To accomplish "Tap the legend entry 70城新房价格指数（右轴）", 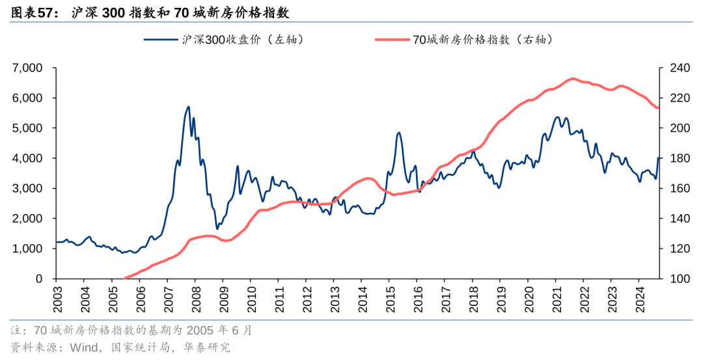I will [482, 40].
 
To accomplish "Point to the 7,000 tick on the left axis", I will [27, 68].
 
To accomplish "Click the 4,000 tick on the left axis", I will [27, 158].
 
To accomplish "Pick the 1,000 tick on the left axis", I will [27, 249].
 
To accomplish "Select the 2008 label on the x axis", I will [195, 297].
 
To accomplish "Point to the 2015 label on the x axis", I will [389, 297].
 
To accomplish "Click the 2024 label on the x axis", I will [638, 297].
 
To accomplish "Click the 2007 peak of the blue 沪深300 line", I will [188, 107].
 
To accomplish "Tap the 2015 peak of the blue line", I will [399, 133].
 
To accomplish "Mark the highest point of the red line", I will [572, 78].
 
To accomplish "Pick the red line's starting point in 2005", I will [124, 278].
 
